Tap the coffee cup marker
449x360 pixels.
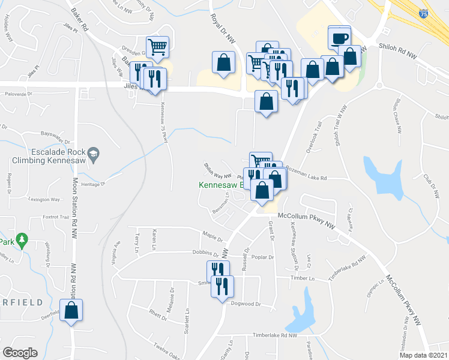(x=339, y=38)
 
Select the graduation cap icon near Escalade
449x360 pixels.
(x=93, y=154)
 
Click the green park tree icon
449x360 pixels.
(x=22, y=241)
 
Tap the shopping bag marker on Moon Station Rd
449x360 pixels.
(x=71, y=311)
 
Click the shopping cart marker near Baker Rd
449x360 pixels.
(x=157, y=47)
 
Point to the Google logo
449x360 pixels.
(x=20, y=353)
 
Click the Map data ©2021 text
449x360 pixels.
(x=423, y=355)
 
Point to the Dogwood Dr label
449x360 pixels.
(x=246, y=304)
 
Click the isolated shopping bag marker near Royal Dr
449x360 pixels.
(x=223, y=64)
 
